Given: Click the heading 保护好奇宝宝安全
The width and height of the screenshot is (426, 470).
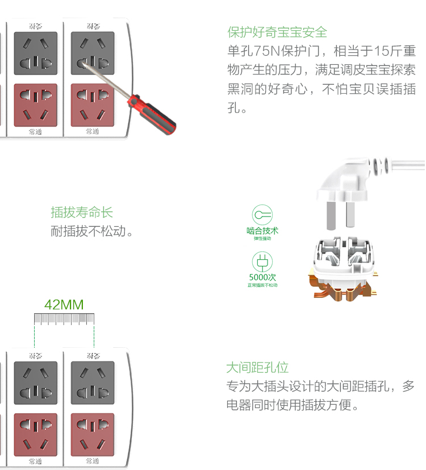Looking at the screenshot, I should [277, 32].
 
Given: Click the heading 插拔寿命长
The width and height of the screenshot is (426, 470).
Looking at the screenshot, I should [82, 213].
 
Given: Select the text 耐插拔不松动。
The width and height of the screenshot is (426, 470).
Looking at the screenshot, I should [92, 231].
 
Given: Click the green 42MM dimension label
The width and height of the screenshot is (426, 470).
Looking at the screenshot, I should [64, 305].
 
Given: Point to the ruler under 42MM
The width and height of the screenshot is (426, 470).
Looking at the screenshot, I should [64, 319].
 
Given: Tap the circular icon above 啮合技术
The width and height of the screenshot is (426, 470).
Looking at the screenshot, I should [262, 215].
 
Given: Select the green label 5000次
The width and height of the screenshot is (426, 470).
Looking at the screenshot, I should [262, 277].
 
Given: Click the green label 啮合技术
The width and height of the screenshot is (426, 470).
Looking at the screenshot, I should [262, 231].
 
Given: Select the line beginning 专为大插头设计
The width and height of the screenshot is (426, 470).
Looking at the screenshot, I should [321, 386].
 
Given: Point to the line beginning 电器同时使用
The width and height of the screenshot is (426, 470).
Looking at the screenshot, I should [293, 406].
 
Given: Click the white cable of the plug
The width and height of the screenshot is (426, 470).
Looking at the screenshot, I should [406, 165].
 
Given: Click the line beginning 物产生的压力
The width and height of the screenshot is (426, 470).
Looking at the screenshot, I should [321, 70].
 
